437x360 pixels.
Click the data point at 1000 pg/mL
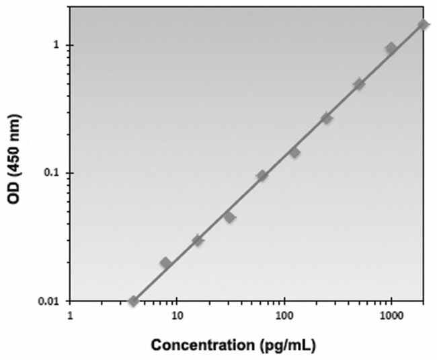[x=391, y=48]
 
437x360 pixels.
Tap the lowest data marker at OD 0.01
[x=134, y=301]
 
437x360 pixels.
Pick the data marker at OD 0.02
[x=166, y=263]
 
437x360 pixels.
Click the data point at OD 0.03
[x=198, y=240]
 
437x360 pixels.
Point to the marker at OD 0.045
[x=229, y=217]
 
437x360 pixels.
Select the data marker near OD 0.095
[x=262, y=176]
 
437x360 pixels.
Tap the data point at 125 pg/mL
[x=294, y=153]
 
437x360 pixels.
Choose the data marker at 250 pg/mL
[x=327, y=118]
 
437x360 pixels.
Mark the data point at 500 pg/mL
[x=359, y=84]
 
